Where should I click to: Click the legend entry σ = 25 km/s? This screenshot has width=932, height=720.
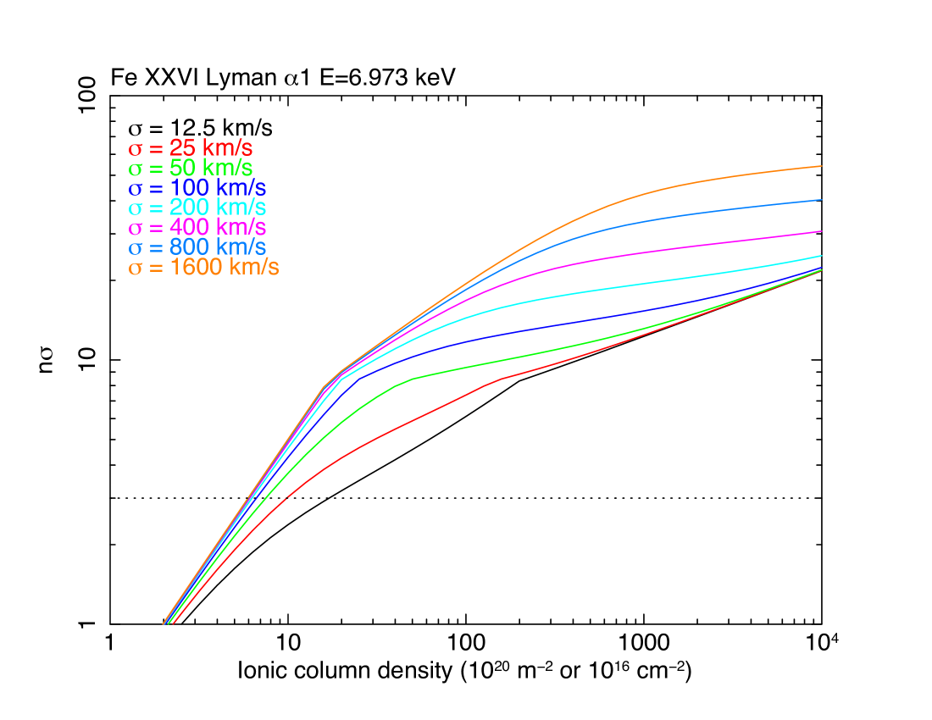(191, 147)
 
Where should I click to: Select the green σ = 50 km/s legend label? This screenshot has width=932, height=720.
(191, 168)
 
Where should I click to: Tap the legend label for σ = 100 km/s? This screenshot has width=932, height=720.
(197, 188)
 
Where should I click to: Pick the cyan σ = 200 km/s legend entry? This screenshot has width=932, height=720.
(197, 208)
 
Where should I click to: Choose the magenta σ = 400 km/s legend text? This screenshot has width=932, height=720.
(197, 228)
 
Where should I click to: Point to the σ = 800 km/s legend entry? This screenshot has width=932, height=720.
(197, 248)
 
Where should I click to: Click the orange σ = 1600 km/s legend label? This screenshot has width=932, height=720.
(203, 268)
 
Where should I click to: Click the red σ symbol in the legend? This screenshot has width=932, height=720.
(135, 149)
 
